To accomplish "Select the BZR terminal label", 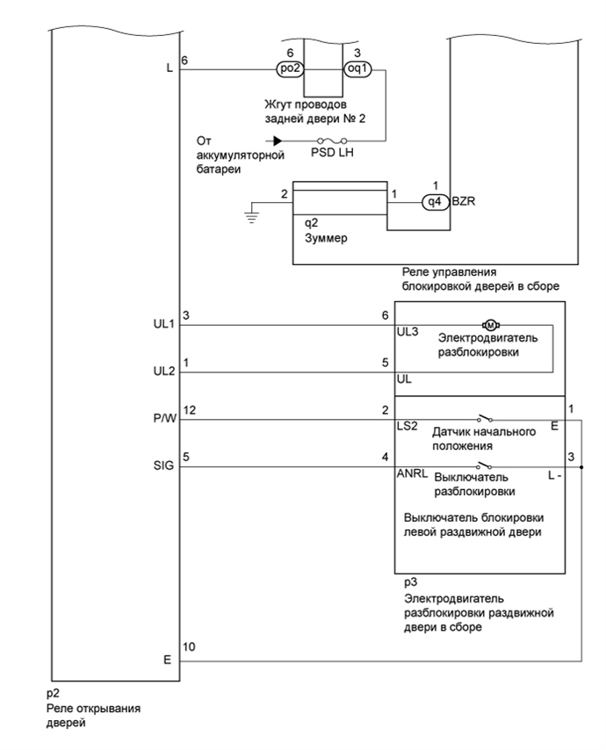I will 464,201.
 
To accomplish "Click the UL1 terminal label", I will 164,324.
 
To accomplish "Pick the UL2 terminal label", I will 164,371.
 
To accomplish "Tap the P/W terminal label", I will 164,419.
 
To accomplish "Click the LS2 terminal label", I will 408,426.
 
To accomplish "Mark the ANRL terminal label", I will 413,473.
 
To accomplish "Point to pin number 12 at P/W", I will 189,410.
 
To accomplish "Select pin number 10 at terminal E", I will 189,647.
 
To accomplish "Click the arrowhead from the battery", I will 278,141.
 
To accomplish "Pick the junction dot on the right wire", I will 581,467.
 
